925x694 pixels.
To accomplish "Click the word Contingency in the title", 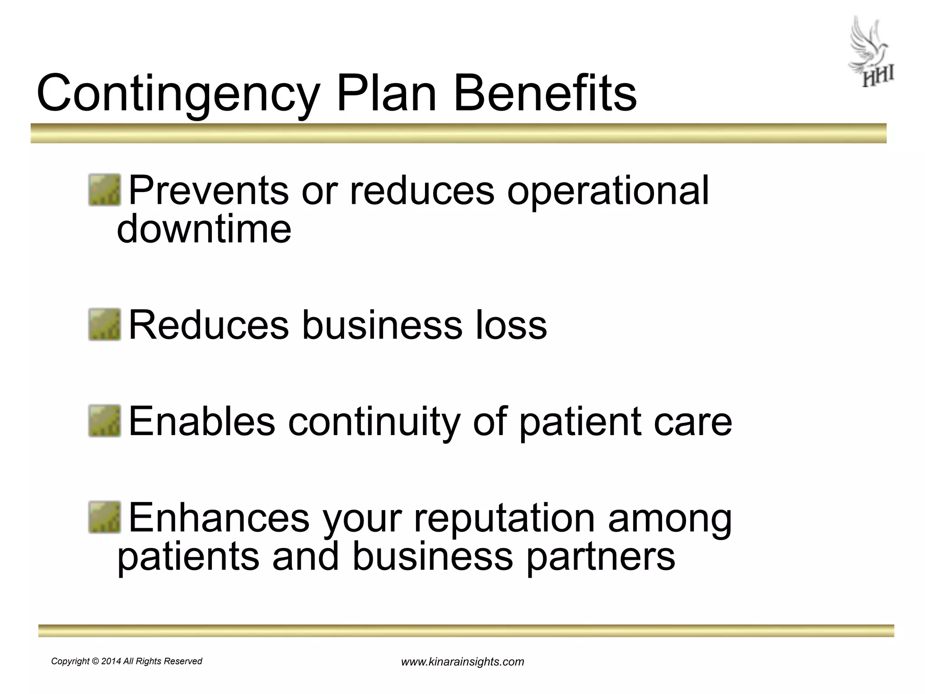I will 178,94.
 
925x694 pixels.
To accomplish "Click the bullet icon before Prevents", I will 104,190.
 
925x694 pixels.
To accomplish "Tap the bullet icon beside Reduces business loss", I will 104,324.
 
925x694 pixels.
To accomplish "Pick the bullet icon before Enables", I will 104,421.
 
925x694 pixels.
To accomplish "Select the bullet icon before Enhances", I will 104,517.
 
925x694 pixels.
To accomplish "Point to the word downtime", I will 204,229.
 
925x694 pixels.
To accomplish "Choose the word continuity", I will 373,421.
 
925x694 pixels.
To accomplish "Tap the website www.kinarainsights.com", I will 462,662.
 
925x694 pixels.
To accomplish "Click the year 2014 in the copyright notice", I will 111,661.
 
